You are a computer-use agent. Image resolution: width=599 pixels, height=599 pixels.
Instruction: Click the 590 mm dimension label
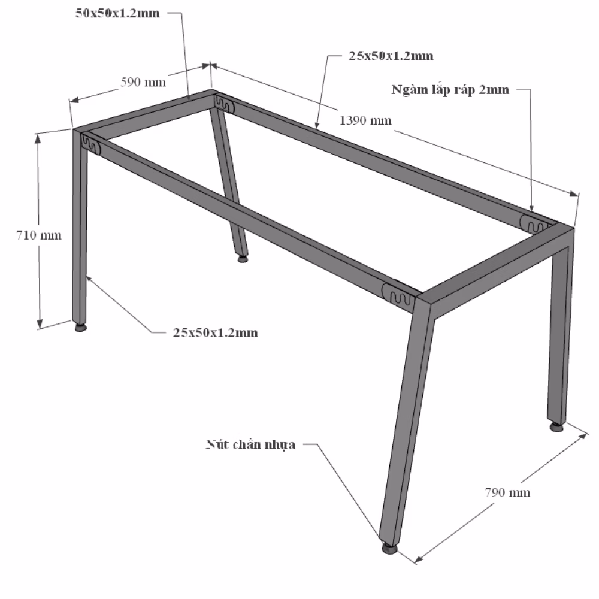click(x=143, y=82)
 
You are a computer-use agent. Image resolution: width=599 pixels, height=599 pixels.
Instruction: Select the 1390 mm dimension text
click(x=365, y=120)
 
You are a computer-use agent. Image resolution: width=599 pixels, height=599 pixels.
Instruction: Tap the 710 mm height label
click(x=38, y=235)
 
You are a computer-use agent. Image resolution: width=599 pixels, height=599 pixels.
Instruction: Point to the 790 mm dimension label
click(x=508, y=492)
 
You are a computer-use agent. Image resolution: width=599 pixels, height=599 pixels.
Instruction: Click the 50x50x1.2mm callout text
click(x=117, y=13)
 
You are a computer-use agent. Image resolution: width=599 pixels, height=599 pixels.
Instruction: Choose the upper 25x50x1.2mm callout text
click(x=391, y=56)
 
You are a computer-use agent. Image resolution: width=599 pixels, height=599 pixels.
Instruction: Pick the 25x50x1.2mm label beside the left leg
click(x=216, y=332)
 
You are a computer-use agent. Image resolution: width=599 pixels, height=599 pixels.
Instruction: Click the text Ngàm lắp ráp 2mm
click(x=450, y=90)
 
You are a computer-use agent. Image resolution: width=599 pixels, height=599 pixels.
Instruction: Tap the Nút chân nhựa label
click(x=250, y=444)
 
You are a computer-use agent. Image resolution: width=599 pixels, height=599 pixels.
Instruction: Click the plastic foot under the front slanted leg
click(x=389, y=549)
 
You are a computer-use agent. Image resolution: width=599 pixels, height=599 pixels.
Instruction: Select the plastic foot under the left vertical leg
click(x=80, y=327)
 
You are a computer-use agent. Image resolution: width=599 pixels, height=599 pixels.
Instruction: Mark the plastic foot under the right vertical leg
click(x=556, y=426)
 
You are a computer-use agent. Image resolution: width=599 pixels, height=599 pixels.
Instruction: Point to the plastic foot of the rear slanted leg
click(x=242, y=259)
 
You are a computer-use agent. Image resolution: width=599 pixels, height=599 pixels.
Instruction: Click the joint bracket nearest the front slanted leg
click(x=398, y=295)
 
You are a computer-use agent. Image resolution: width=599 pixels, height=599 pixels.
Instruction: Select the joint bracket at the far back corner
click(x=224, y=104)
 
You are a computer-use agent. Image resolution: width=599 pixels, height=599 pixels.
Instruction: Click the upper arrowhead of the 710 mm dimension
click(x=37, y=139)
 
